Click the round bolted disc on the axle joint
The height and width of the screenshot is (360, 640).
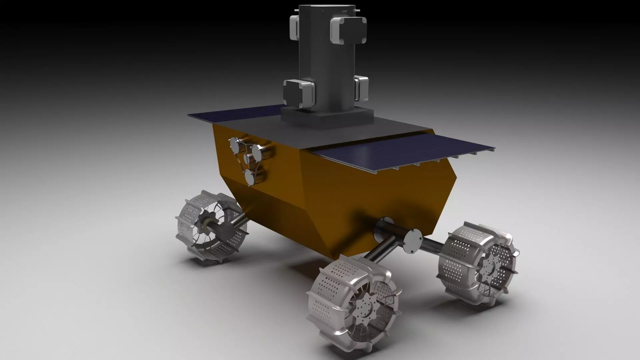coord(413,240)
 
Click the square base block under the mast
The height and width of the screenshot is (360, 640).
coord(327,117)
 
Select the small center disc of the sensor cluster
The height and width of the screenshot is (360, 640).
coord(247,159)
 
